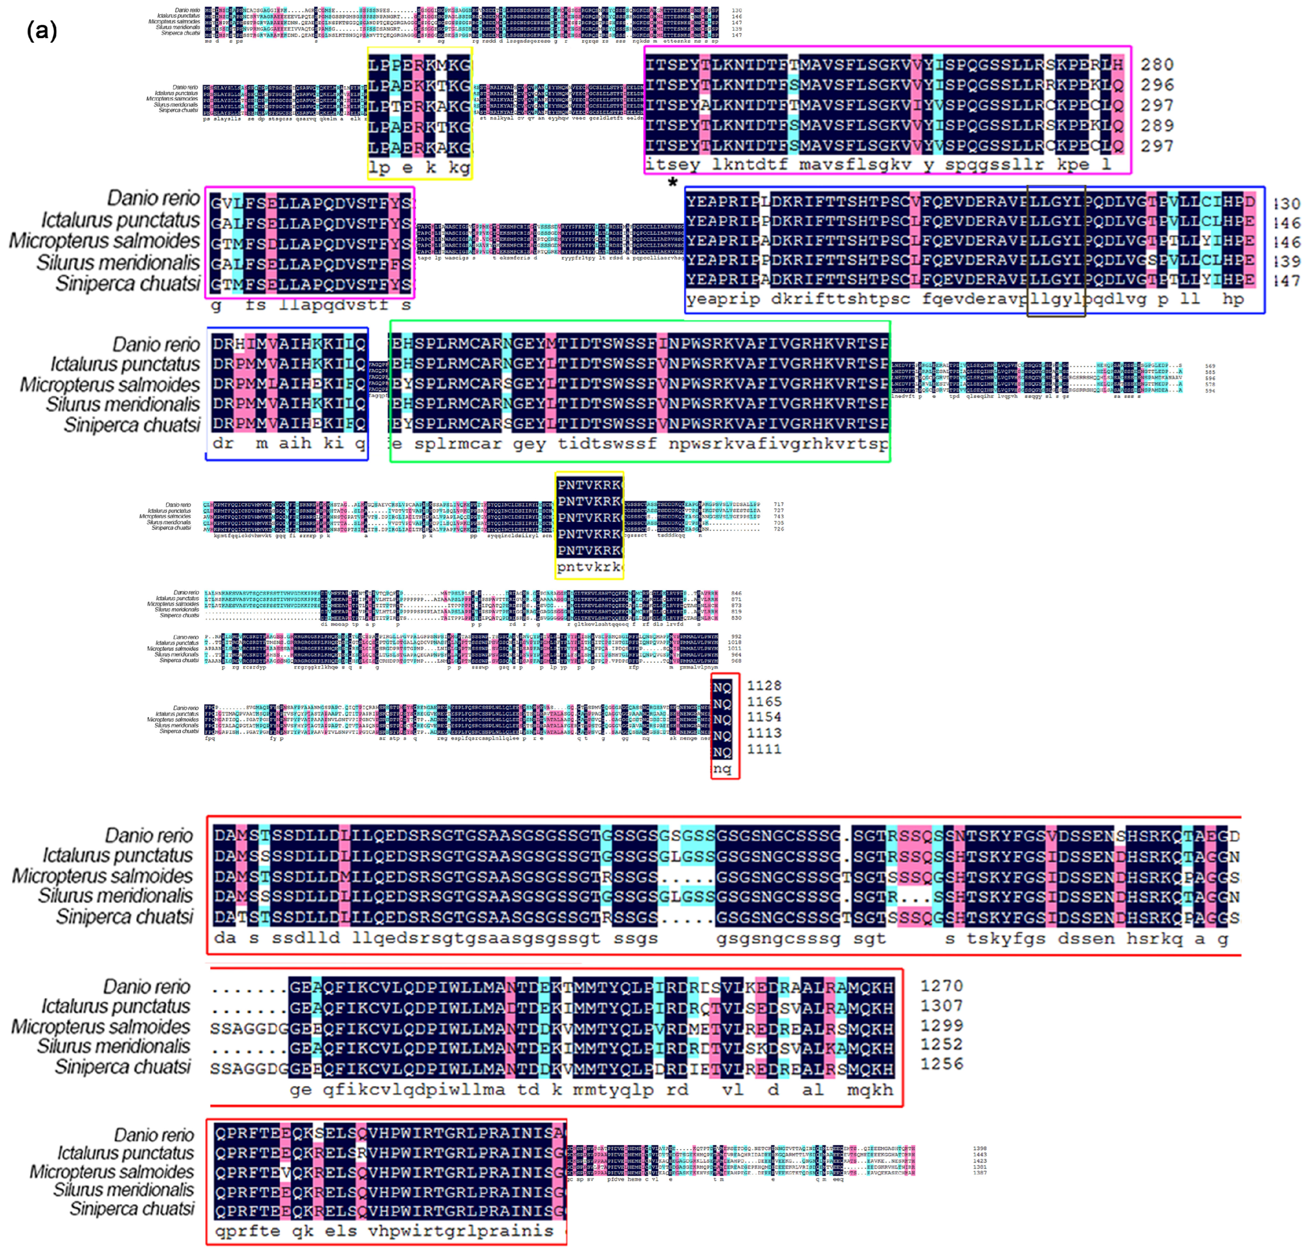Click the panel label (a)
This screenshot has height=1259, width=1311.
click(41, 31)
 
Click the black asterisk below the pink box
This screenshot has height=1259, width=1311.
click(672, 181)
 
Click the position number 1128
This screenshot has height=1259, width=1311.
click(764, 685)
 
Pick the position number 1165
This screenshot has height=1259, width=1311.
click(764, 701)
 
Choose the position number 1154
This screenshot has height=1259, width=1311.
click(764, 717)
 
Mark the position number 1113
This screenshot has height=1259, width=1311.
click(764, 733)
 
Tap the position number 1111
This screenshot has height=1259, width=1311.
click(764, 749)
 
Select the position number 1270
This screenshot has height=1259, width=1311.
click(941, 986)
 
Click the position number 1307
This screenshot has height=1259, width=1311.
click(941, 1005)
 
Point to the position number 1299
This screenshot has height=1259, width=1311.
click(941, 1025)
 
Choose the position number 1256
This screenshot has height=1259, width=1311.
click(941, 1064)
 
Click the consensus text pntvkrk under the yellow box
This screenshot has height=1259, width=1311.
click(589, 567)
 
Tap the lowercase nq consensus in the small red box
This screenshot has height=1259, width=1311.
click(722, 768)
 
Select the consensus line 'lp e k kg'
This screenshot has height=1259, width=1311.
click(419, 167)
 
